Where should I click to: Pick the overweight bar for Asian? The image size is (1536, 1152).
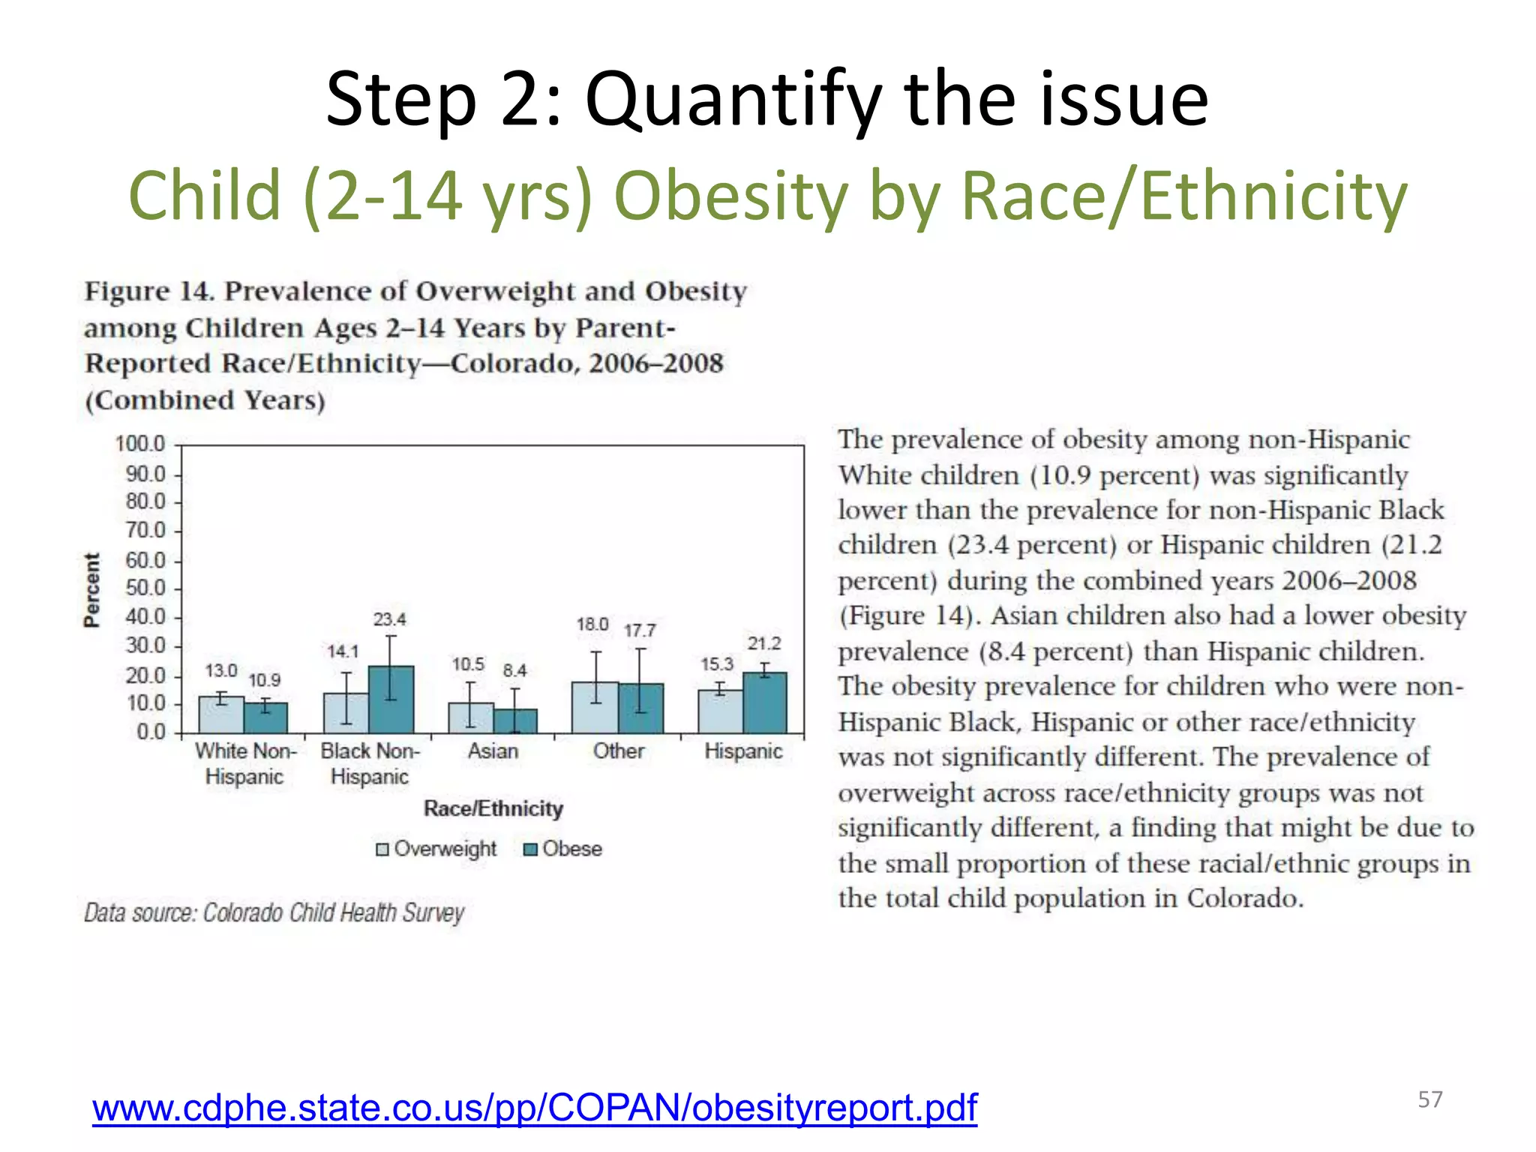470,718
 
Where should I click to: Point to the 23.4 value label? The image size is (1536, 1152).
390,619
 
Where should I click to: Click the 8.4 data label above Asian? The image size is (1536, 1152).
514,670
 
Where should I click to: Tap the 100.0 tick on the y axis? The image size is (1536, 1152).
140,444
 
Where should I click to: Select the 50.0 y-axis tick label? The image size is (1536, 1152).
145,588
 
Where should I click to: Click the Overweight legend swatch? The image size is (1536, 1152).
382,849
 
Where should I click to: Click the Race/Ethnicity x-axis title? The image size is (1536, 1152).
493,808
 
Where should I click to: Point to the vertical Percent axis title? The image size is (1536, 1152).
91,589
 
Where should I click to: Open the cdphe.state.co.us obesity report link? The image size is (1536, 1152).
535,1108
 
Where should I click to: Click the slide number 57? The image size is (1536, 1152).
1429,1099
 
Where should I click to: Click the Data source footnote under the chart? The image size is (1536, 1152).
274,913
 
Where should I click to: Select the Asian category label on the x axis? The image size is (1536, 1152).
493,751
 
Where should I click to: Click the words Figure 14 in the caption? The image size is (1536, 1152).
149,291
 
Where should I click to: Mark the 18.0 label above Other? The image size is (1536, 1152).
592,624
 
